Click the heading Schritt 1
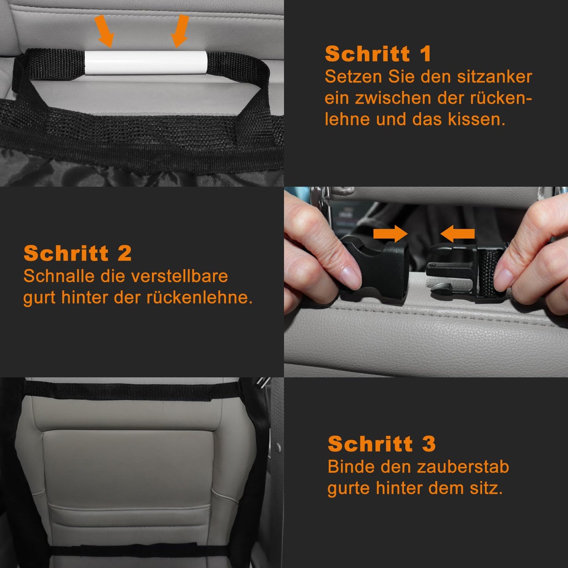point(378,53)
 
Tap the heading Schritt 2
point(77,253)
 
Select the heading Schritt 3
point(381,443)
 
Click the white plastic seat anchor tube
point(146,62)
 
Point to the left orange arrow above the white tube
point(104,31)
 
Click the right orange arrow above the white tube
point(180,31)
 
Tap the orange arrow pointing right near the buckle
point(390,234)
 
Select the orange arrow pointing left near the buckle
point(458,234)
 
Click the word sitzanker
point(494,77)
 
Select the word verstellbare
point(179,276)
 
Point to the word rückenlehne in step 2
point(199,298)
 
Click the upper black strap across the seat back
point(132,390)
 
